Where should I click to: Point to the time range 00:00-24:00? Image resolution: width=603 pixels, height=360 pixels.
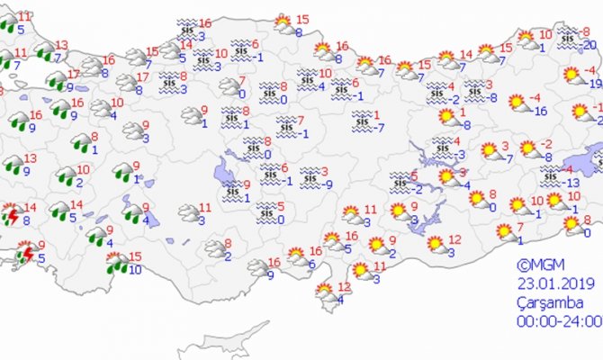[558, 320]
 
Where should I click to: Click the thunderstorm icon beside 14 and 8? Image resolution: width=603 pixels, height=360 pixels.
[12, 215]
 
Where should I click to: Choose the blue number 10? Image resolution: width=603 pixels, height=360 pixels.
[134, 268]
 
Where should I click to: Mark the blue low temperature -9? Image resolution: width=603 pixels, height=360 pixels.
[331, 184]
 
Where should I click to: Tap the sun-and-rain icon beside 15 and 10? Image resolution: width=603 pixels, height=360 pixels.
[115, 262]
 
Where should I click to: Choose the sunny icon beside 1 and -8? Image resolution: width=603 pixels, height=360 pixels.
[446, 115]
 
